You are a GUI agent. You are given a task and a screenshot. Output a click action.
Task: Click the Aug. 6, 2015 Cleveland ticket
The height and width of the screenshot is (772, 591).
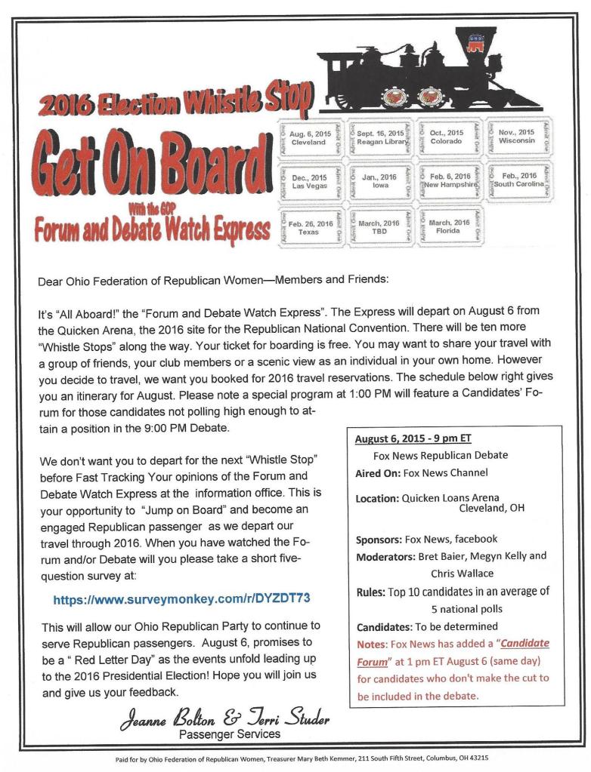pos(308,138)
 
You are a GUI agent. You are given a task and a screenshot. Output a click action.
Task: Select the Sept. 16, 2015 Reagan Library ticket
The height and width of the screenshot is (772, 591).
pos(380,137)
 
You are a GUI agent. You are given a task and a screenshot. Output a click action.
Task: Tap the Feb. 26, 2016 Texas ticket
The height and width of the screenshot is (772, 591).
pos(309,227)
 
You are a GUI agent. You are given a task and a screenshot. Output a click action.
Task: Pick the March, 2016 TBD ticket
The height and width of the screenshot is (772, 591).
pos(379,226)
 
